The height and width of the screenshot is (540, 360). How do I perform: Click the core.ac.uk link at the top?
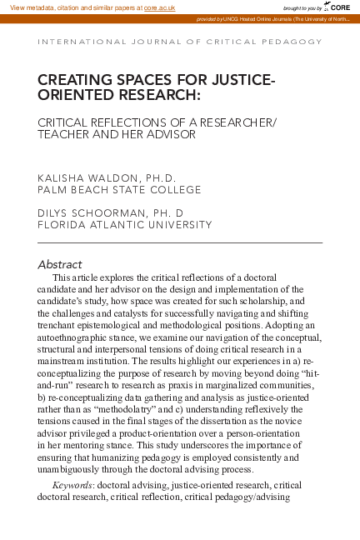159,7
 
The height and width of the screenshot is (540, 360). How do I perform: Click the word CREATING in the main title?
74,81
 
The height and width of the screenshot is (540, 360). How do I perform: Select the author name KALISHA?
66,178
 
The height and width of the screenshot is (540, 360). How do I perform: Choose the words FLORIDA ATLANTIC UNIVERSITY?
125,224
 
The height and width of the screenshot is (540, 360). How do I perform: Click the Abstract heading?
60,264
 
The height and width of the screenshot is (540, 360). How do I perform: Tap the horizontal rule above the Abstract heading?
180,242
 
